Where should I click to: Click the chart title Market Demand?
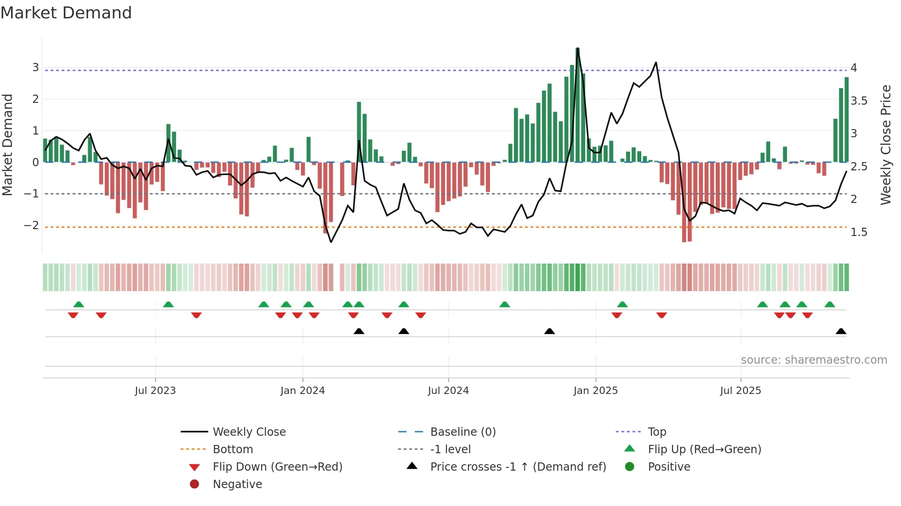(x=66, y=12)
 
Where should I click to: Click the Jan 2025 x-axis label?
(x=595, y=391)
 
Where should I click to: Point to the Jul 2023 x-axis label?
(x=155, y=391)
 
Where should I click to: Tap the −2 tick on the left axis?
(x=31, y=225)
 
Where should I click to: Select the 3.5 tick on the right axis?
(x=859, y=101)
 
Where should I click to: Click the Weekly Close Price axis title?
(x=885, y=145)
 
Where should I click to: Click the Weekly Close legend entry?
(x=249, y=432)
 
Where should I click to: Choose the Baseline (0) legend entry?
(x=462, y=432)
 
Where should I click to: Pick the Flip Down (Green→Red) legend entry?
(x=277, y=467)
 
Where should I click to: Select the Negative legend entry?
(x=237, y=484)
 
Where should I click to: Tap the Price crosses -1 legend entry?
(x=518, y=467)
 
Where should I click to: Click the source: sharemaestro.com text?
(x=814, y=360)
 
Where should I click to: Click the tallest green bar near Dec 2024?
(x=578, y=106)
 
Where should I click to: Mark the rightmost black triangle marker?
(x=841, y=332)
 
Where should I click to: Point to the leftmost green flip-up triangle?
(x=79, y=304)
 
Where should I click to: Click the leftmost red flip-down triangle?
(x=73, y=315)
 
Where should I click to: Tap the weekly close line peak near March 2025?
(x=656, y=63)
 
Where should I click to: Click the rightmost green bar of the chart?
(x=846, y=119)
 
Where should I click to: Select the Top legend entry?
(x=656, y=432)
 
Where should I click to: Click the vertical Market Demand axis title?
(x=7, y=145)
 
